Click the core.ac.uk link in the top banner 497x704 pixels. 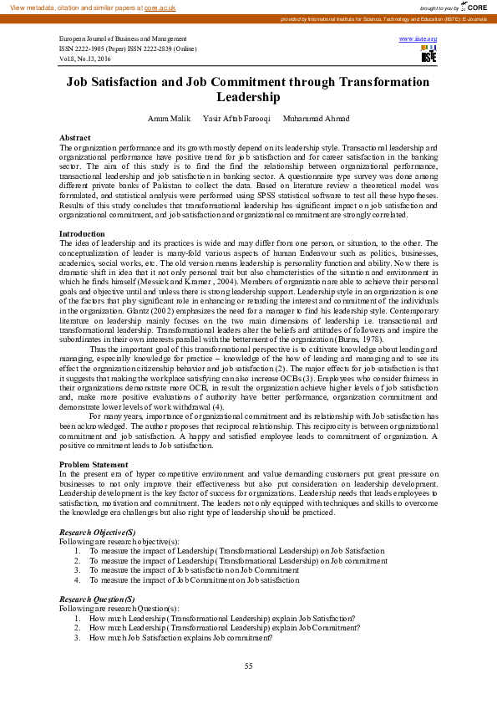159,7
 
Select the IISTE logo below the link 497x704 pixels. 429,54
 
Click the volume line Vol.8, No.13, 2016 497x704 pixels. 85,59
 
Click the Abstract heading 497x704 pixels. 75,136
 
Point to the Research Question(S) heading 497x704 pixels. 97,599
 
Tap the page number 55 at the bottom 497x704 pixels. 248,666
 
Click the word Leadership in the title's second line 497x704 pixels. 248,96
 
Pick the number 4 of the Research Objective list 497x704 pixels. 77,579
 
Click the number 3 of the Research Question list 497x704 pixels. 77,637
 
